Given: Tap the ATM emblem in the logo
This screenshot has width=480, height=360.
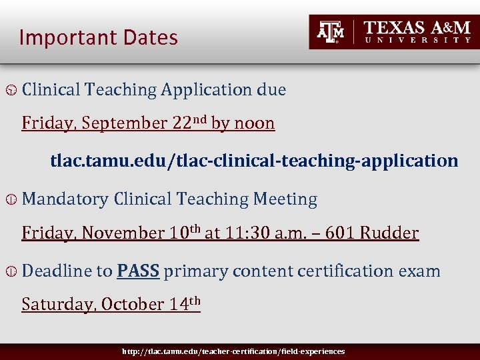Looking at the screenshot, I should pyautogui.click(x=331, y=31).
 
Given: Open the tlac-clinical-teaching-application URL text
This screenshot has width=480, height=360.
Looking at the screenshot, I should pyautogui.click(x=254, y=161).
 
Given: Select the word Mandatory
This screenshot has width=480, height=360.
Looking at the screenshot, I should pyautogui.click(x=65, y=199).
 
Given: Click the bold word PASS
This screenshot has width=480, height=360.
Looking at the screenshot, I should pyautogui.click(x=138, y=271).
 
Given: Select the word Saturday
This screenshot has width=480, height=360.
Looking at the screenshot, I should pyautogui.click(x=57, y=305).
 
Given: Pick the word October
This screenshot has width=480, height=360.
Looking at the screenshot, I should pyautogui.click(x=131, y=305).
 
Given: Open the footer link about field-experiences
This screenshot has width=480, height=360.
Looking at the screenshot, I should pyautogui.click(x=233, y=351).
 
